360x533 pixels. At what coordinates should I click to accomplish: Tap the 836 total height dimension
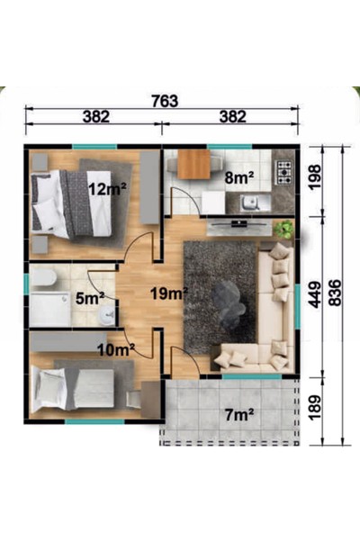click(x=335, y=294)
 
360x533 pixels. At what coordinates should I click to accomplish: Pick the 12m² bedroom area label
click(x=107, y=188)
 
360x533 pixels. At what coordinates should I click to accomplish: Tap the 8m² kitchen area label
click(x=238, y=178)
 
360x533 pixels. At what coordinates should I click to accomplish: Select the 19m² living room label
click(x=168, y=294)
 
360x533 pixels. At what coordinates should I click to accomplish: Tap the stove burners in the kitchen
click(x=284, y=171)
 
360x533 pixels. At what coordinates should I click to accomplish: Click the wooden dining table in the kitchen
click(x=193, y=165)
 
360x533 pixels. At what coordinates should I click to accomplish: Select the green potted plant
click(x=283, y=229)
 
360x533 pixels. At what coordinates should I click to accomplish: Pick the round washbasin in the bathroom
click(x=107, y=315)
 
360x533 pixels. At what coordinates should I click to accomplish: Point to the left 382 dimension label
click(x=94, y=116)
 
